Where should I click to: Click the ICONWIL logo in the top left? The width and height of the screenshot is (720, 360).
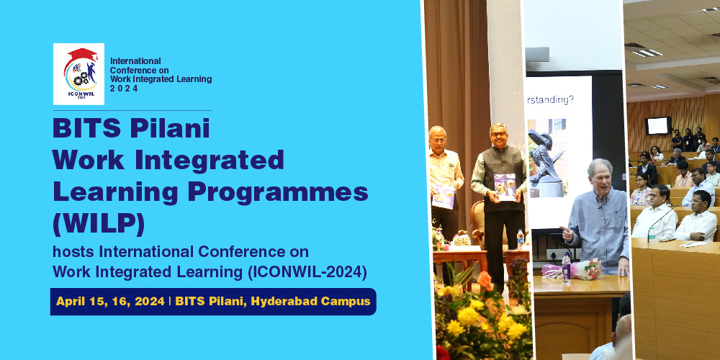(x=78, y=74)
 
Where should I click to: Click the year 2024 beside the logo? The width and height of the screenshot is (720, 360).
(x=124, y=89)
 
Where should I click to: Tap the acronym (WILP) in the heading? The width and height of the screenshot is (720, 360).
(x=99, y=224)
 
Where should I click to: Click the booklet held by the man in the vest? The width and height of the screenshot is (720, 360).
(x=504, y=186)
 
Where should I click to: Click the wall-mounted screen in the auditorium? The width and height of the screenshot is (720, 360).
(x=658, y=126)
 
